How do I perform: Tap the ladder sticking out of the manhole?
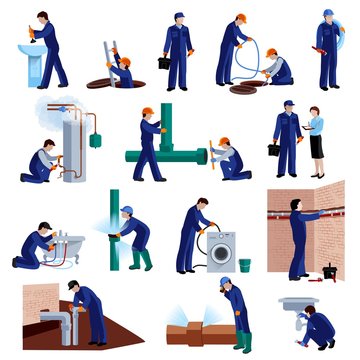109,54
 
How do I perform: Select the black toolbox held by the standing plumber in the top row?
164,63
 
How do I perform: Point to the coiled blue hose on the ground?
245,87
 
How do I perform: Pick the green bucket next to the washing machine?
244,266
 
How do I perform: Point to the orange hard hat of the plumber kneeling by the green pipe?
224,141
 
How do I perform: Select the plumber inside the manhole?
121,71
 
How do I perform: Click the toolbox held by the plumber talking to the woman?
274,149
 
